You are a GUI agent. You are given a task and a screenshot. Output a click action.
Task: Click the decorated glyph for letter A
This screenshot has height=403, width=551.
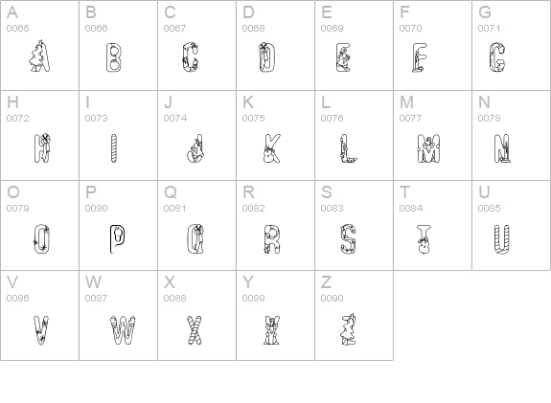pyautogui.click(x=39, y=56)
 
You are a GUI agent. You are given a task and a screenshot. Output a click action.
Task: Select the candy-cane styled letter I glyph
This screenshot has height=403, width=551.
pyautogui.click(x=113, y=148)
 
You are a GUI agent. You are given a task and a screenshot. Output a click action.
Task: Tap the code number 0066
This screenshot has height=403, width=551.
pyautogui.click(x=96, y=28)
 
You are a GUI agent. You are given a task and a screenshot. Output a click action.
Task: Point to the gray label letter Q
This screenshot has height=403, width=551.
pyautogui.click(x=171, y=192)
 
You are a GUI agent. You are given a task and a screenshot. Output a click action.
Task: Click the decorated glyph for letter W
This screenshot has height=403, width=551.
pyautogui.click(x=123, y=330)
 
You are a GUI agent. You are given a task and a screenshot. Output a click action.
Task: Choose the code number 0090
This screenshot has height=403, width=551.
pyautogui.click(x=333, y=298)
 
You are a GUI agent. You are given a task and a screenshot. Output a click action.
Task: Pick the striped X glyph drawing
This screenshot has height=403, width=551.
pyautogui.click(x=195, y=330)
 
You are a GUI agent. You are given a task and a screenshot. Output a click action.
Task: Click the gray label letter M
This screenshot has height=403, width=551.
pyautogui.click(x=406, y=102)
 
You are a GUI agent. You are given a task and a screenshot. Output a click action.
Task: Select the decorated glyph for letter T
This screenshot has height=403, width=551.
pyautogui.click(x=424, y=239)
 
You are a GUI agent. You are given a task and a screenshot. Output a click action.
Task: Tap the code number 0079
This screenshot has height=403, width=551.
pyautogui.click(x=17, y=208)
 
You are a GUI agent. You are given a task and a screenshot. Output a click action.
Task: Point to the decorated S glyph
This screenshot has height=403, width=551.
pyautogui.click(x=348, y=239)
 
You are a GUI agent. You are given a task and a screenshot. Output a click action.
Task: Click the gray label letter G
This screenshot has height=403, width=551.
pyautogui.click(x=485, y=12)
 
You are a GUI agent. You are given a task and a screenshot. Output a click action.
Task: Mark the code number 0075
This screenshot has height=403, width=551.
pyautogui.click(x=253, y=119)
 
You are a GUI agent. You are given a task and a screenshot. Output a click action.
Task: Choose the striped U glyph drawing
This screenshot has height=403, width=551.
pyautogui.click(x=502, y=239)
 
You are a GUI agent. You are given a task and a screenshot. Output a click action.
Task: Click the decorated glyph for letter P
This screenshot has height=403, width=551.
pyautogui.click(x=117, y=239)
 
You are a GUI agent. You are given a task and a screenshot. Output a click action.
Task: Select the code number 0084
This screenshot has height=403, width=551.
pyautogui.click(x=411, y=208)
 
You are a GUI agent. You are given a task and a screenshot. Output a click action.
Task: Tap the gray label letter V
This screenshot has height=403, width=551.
pyautogui.click(x=12, y=282)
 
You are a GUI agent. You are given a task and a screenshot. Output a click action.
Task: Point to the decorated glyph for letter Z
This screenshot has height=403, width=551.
pyautogui.click(x=348, y=329)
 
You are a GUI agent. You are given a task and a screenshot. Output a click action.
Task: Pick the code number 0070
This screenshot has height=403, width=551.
pyautogui.click(x=410, y=28)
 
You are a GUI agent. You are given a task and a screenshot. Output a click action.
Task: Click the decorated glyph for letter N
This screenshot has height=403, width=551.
pyautogui.click(x=502, y=148)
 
